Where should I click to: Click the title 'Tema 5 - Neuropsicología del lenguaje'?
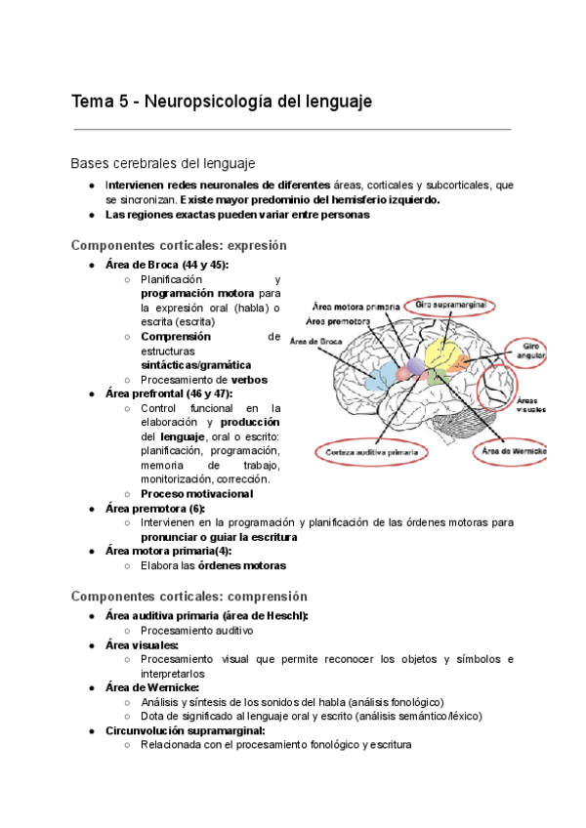click(222, 102)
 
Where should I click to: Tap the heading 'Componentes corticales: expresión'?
click(179, 245)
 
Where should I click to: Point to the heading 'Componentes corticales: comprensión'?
click(189, 596)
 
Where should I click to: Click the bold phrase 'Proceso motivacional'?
click(196, 494)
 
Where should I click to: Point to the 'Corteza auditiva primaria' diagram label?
click(372, 452)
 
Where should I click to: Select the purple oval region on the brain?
click(415, 365)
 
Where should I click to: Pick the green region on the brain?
click(437, 377)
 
